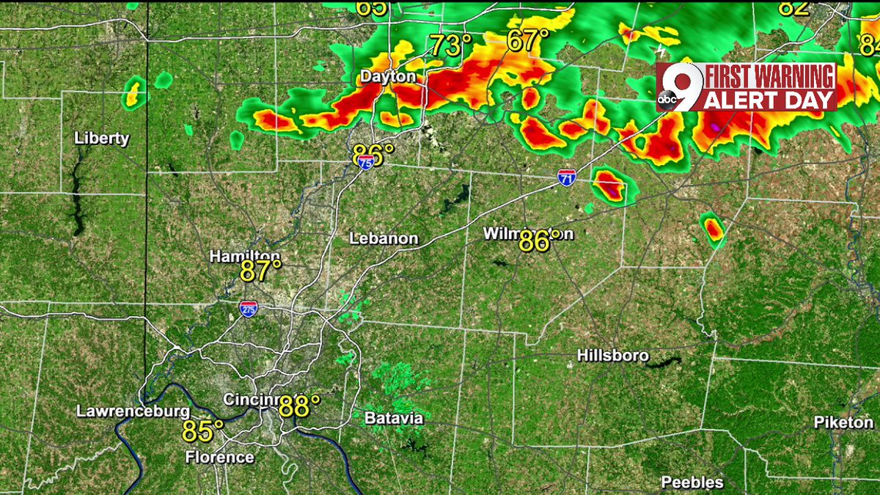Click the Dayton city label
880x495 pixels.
[388, 76]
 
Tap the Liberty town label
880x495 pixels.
[102, 138]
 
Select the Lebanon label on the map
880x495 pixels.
[384, 238]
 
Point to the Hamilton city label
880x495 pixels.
[244, 256]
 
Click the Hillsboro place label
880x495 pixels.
[613, 356]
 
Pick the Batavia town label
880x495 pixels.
[393, 418]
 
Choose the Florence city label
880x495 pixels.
[219, 457]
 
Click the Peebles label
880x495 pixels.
[692, 482]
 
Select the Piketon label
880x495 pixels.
[843, 422]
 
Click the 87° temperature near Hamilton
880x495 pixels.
[261, 271]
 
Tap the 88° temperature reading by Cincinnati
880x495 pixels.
[299, 406]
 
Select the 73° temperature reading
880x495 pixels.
[450, 45]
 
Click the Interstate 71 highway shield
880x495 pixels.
[565, 177]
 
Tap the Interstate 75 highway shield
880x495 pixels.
[366, 166]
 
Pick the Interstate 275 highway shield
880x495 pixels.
[248, 308]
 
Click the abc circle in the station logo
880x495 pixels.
[667, 100]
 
